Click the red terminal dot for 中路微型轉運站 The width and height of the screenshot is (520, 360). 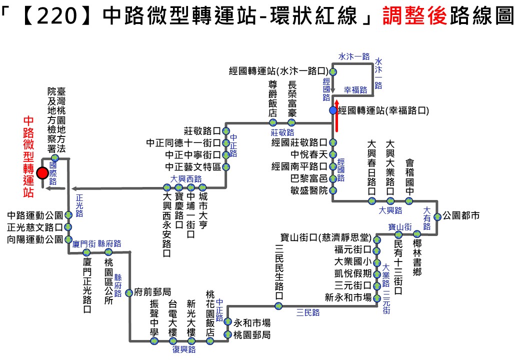point(42,173)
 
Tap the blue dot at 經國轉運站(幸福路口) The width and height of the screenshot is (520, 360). point(333,110)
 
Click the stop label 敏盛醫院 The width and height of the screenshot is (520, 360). point(309,190)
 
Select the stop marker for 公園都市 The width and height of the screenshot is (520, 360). point(437,216)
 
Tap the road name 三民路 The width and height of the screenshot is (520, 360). point(308,312)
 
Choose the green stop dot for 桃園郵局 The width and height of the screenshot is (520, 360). point(227,334)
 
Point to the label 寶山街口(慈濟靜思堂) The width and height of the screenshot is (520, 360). point(324,237)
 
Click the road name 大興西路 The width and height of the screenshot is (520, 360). point(185,178)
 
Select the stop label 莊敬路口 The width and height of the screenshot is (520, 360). point(202,131)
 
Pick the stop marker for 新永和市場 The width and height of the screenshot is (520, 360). point(376,297)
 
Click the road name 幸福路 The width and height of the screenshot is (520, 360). point(355,90)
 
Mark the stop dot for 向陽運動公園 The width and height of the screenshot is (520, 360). point(68,239)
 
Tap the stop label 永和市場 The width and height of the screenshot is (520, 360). point(252,322)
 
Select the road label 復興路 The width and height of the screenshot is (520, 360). point(184,349)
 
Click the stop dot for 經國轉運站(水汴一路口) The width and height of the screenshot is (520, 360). point(333,71)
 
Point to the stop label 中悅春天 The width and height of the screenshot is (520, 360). point(309,154)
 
